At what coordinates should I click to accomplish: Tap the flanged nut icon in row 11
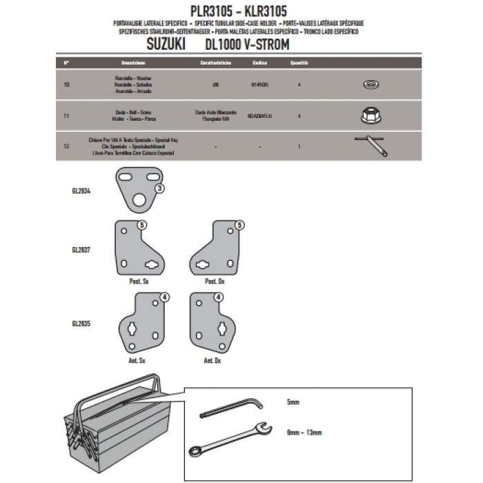[x=371, y=115]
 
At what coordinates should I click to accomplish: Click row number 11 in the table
[x=65, y=116]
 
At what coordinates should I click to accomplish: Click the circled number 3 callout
[x=159, y=188]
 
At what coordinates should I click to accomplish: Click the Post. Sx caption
[x=139, y=282]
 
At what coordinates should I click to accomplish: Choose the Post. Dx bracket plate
[x=217, y=248]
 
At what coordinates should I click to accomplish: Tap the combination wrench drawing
[x=228, y=436]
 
